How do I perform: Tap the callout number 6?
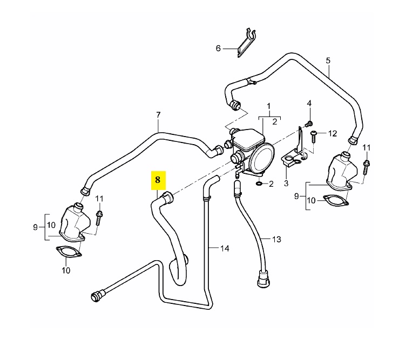point(219,48)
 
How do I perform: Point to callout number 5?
point(328,60)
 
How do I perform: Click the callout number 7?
point(158,114)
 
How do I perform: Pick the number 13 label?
point(277,239)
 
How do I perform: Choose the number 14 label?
point(225,248)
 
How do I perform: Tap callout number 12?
point(332,133)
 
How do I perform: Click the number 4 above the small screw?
point(309,103)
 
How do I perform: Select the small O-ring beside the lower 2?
point(259,184)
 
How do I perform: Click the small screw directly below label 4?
point(309,124)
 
